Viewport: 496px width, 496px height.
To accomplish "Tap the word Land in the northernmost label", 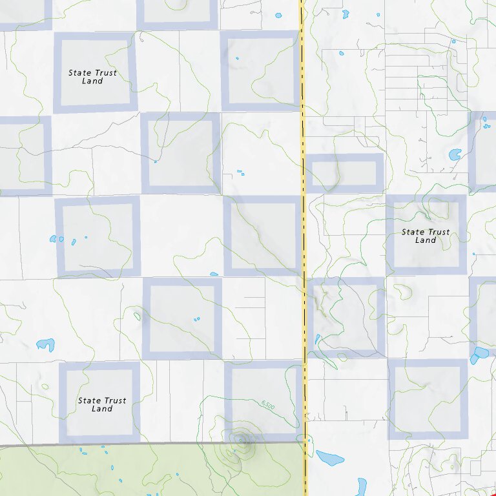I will [x=92, y=81].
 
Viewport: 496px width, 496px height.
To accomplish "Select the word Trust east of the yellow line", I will [x=439, y=232].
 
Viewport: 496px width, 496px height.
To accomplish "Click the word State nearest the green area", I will [x=89, y=400].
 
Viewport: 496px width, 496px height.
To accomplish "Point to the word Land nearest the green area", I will [x=102, y=409].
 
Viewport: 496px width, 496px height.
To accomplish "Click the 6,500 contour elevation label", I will [x=269, y=405].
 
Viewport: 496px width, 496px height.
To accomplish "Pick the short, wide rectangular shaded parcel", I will [x=344, y=172].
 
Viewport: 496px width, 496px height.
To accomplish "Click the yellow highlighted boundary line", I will [x=304, y=258].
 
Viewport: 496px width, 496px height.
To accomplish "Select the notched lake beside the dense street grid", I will [x=456, y=154].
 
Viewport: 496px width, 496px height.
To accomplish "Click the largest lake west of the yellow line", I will [x=45, y=345].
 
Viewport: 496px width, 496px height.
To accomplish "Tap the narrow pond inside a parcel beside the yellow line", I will [x=318, y=339].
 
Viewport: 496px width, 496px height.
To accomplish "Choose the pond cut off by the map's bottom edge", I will [x=361, y=488].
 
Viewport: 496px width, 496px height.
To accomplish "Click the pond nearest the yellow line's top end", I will [x=278, y=15].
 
